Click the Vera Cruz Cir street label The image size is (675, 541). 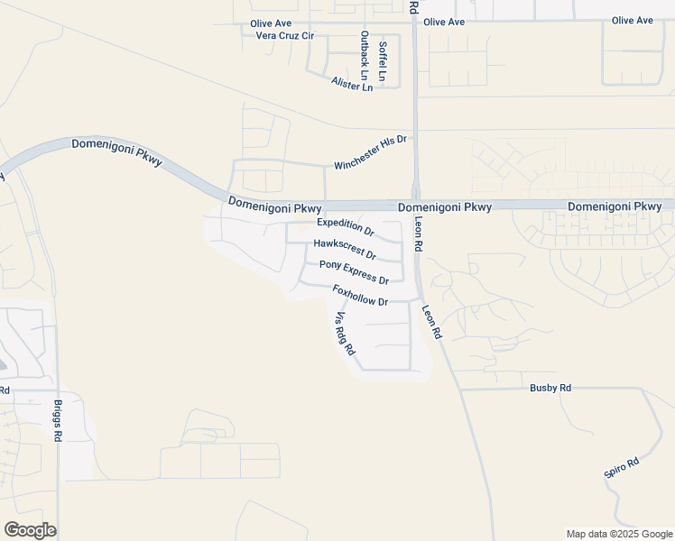(284, 36)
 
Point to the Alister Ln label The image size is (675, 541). (352, 83)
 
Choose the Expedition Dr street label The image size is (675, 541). (345, 226)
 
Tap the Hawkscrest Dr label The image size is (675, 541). (344, 249)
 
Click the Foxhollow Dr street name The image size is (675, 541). (359, 295)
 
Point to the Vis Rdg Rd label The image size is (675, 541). (345, 333)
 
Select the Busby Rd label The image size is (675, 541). (550, 388)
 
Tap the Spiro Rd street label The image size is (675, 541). (621, 468)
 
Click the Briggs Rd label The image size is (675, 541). (58, 420)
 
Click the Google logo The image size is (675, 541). (30, 530)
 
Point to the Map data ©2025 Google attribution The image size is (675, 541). (618, 534)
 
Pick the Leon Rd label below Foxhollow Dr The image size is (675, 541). (431, 321)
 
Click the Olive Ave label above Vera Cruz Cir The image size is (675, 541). (271, 23)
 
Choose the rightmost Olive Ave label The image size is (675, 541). (632, 21)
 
